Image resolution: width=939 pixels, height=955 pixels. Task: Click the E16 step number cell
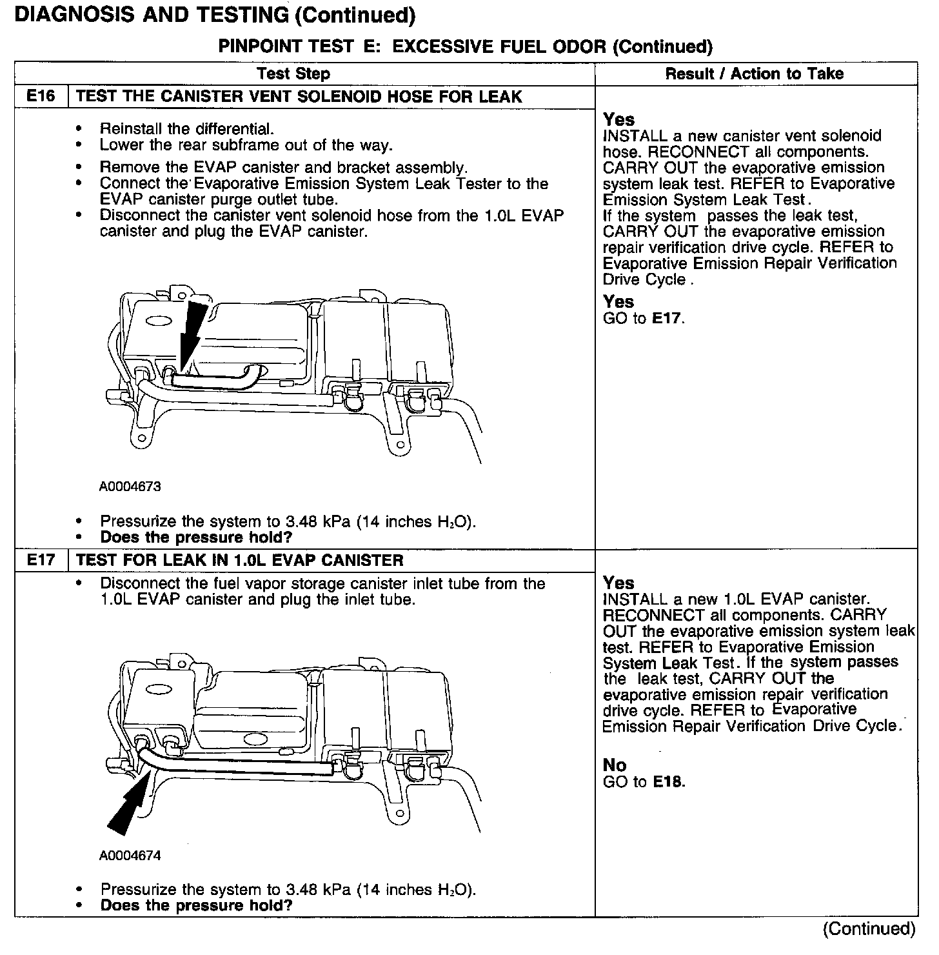click(41, 97)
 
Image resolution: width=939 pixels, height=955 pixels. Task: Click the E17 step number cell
click(41, 560)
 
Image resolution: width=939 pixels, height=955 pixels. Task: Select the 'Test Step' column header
click(293, 74)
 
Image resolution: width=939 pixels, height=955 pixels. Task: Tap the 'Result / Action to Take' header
click(754, 74)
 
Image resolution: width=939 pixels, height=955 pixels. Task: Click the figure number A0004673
click(130, 487)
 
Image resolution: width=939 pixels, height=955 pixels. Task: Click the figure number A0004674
click(130, 856)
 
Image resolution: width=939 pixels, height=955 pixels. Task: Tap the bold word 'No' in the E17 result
click(615, 765)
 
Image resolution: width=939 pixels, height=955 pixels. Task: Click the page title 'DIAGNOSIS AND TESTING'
click(151, 15)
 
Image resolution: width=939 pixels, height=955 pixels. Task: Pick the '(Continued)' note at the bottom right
click(869, 929)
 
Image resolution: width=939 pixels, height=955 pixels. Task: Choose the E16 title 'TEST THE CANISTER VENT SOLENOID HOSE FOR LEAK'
click(299, 97)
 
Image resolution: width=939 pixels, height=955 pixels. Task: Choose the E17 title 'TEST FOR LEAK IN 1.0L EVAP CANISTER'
click(240, 560)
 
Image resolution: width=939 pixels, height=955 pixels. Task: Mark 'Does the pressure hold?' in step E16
click(196, 537)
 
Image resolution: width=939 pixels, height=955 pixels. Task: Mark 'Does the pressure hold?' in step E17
click(196, 905)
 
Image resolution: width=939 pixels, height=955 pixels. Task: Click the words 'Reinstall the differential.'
click(187, 129)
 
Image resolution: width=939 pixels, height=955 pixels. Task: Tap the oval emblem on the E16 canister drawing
click(158, 320)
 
